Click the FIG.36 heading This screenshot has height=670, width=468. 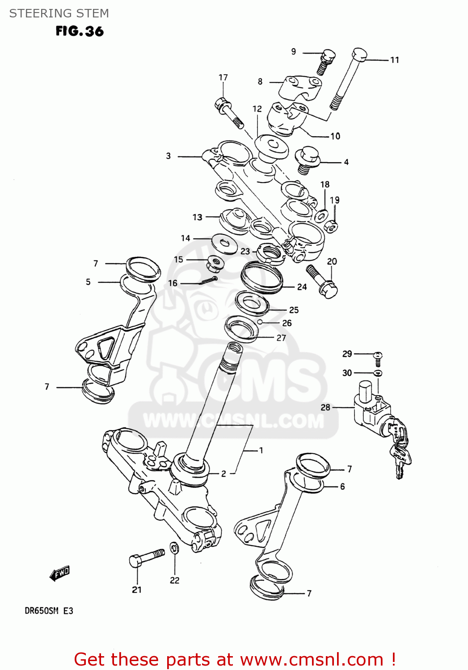pos(80,31)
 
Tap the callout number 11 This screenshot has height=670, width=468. pos(394,60)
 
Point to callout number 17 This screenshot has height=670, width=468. pos(223,77)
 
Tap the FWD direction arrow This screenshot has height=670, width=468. pos(60,573)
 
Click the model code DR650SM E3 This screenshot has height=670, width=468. pos(49,611)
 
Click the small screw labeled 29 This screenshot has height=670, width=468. pos(378,358)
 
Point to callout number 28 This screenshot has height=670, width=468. pos(325,407)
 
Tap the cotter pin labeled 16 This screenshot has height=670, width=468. pos(208,281)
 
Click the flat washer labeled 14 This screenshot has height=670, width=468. pos(224,243)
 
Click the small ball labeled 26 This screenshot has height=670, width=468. pos(259,322)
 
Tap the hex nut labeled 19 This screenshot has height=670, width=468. pos(331,226)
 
